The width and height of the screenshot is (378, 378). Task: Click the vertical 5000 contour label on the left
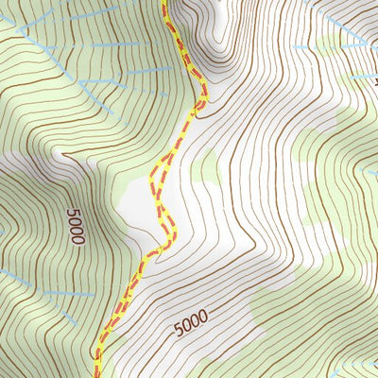(x=76, y=227)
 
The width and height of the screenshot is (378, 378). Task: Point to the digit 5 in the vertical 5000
(x=76, y=213)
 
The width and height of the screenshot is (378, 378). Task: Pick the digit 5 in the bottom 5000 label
(x=178, y=332)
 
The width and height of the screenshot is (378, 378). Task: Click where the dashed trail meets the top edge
(x=166, y=3)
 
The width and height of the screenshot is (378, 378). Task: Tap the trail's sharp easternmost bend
(x=204, y=94)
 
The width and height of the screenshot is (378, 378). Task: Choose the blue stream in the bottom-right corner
(x=359, y=364)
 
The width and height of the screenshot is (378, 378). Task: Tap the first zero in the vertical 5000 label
(x=76, y=222)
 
